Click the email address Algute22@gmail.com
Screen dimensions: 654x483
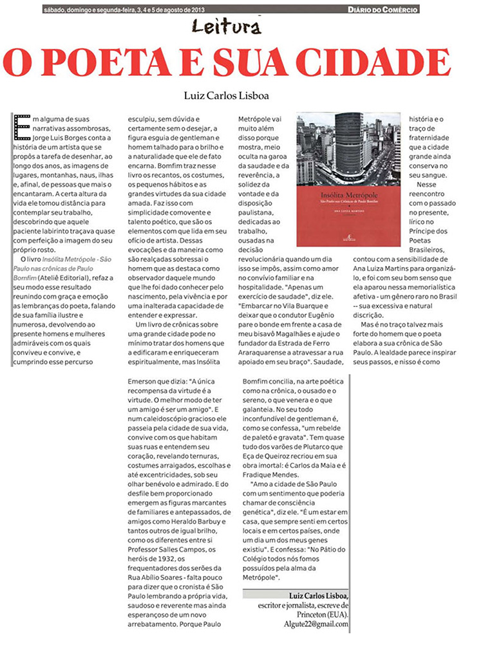click(316, 624)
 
